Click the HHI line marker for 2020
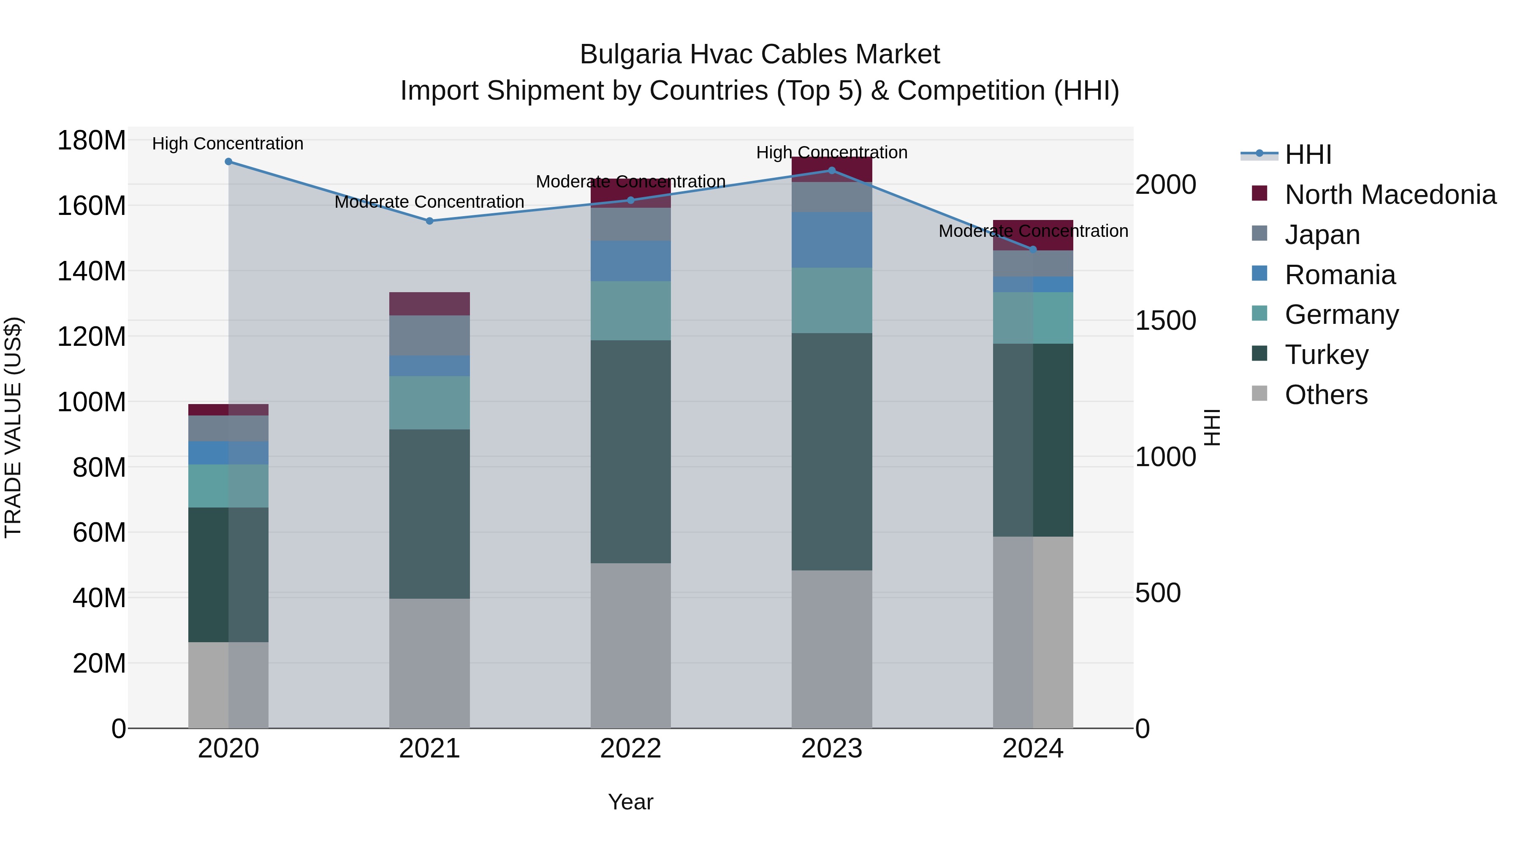(228, 162)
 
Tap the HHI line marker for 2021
(429, 221)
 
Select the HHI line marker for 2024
(1033, 250)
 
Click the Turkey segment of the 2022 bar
(630, 451)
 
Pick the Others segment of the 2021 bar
(429, 663)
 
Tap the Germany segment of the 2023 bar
(831, 300)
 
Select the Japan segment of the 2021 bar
(429, 336)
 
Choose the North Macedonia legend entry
(1390, 195)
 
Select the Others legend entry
(1325, 395)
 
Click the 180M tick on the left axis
(92, 141)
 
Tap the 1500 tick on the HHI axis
(1165, 320)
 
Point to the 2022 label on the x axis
(630, 749)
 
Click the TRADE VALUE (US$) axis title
(13, 427)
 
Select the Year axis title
(630, 802)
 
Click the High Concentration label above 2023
(831, 152)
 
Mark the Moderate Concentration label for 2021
(429, 202)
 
